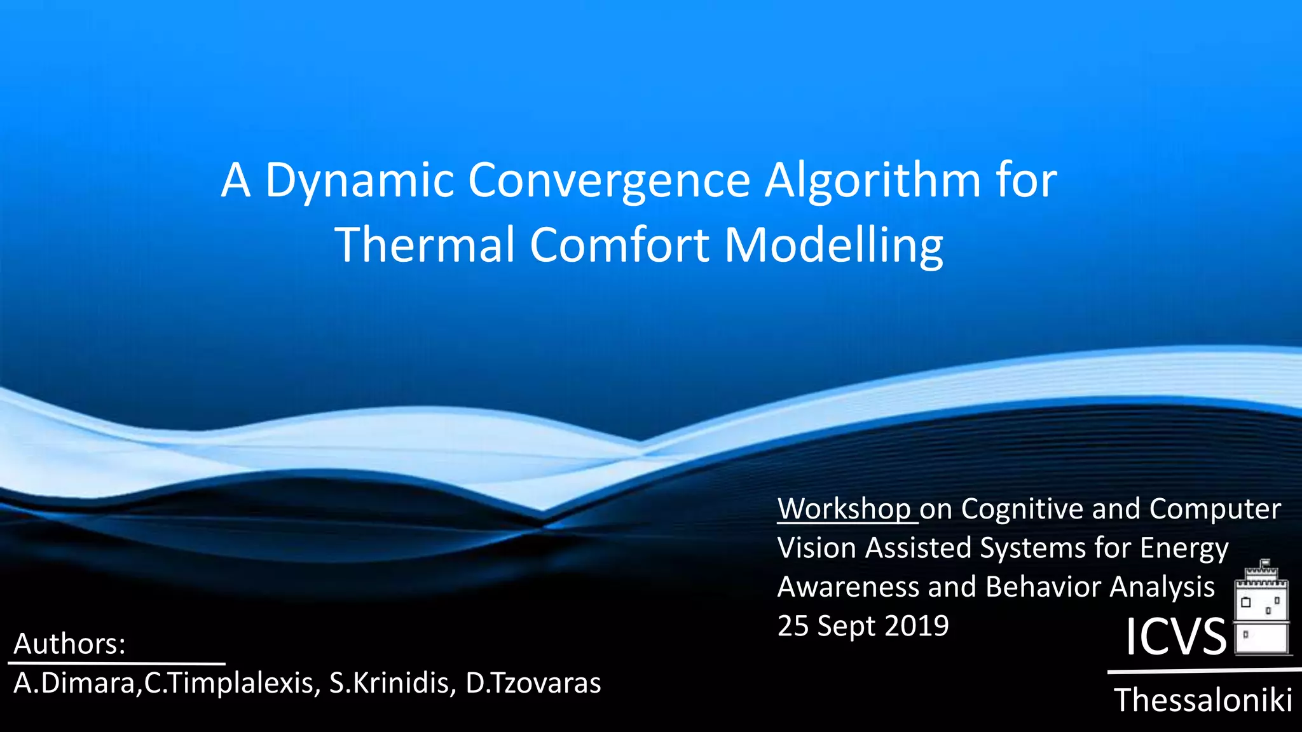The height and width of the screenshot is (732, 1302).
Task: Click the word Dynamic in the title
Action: tap(359, 181)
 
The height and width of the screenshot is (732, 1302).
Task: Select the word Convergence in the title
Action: tap(609, 181)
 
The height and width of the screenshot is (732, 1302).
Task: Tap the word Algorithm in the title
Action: tap(872, 181)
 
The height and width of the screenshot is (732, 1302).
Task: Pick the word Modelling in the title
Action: tap(833, 246)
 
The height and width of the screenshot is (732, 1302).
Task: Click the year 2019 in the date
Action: tap(916, 626)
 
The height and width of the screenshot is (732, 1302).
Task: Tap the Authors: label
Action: tap(69, 644)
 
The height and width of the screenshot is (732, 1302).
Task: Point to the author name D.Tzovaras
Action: tap(533, 683)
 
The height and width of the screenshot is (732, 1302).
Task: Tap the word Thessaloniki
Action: tap(1203, 700)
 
